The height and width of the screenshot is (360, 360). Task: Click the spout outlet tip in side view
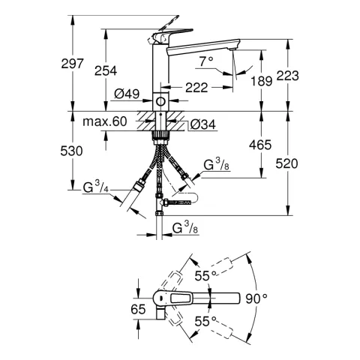pyautogui.click(x=237, y=51)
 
